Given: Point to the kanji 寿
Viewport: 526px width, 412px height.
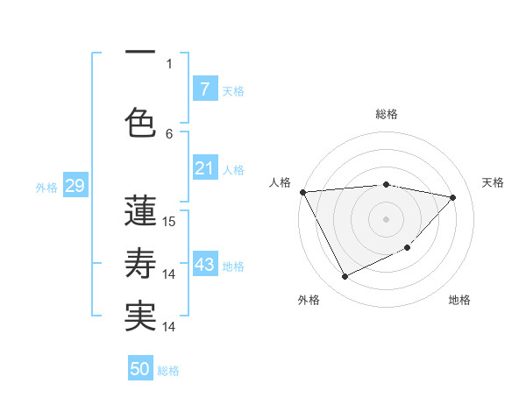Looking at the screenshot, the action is tap(140, 263).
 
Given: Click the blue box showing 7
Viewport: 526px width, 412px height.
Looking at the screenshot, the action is tap(204, 89).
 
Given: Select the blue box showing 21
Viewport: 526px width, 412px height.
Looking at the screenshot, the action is tap(204, 168).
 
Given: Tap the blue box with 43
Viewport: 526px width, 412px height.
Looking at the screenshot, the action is tap(204, 265).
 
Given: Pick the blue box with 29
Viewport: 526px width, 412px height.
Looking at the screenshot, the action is tap(75, 186).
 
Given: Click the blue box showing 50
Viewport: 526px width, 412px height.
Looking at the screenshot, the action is tap(140, 369).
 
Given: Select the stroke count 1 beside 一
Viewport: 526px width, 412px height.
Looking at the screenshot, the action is tap(169, 63).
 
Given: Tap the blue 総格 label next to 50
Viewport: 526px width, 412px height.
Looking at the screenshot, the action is tap(168, 371).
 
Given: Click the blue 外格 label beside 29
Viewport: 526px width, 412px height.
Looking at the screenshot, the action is tap(46, 187).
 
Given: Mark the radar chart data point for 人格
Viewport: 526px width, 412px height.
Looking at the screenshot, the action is tap(302, 192).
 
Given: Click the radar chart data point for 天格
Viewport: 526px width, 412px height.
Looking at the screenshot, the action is tap(453, 197).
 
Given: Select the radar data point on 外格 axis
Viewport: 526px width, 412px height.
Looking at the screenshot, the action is tap(345, 277).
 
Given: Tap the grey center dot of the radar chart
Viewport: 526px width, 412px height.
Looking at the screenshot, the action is tap(386, 218).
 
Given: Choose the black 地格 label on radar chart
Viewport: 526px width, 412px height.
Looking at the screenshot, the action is tap(459, 300).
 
